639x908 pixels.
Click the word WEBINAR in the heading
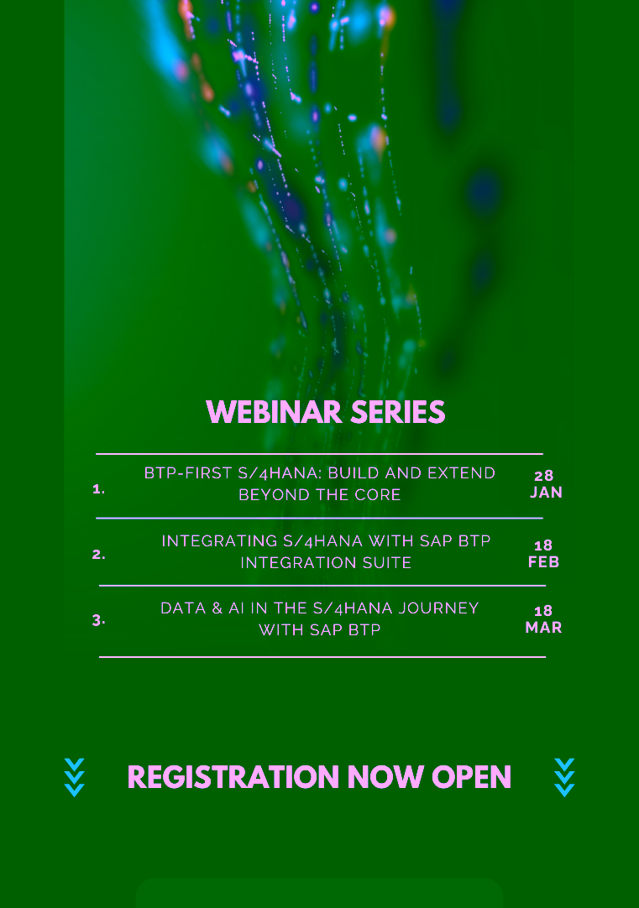coord(274,412)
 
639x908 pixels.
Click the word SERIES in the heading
coord(398,412)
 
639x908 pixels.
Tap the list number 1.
coord(98,489)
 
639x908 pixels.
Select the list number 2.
coord(98,555)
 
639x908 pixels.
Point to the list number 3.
coord(98,620)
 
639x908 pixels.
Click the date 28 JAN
coord(545,484)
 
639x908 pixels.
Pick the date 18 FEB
coord(543,554)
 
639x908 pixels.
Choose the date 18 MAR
coord(543,619)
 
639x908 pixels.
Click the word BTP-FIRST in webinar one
coord(188,473)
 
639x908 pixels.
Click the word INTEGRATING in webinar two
coord(219,541)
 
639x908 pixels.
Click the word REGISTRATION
coord(233,777)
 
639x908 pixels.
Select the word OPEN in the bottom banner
coord(471,777)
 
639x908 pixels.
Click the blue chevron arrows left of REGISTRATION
coord(74,778)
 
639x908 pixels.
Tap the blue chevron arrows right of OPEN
coord(564,778)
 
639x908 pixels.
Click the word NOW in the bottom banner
coord(385,777)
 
